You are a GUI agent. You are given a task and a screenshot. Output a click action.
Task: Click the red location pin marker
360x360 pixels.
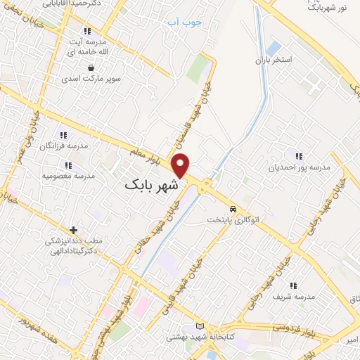click(x=181, y=165)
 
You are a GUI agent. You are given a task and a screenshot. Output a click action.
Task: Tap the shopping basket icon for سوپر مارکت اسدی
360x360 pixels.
click(x=91, y=67)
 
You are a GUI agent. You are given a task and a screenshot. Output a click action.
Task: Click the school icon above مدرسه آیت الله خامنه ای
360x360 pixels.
click(x=87, y=32)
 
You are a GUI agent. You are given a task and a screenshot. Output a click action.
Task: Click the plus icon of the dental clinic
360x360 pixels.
click(x=74, y=230)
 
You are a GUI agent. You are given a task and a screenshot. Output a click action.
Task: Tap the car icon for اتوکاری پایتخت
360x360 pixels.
click(x=232, y=209)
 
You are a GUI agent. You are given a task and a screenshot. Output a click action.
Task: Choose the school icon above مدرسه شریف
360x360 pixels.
click(x=293, y=285)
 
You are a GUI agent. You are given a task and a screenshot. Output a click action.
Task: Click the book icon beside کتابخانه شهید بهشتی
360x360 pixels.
click(x=200, y=326)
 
